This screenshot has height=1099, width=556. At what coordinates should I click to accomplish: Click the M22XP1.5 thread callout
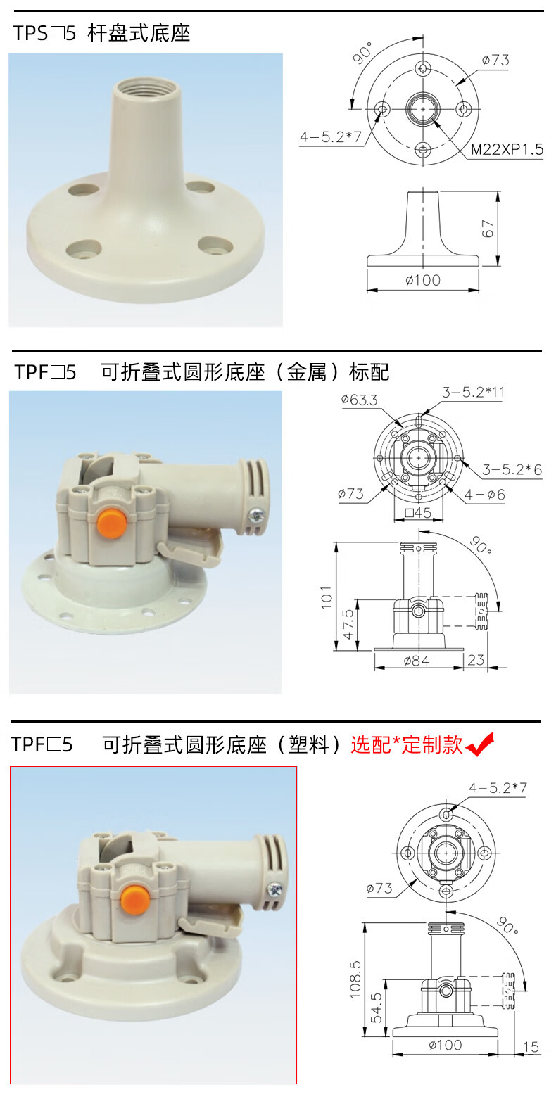click(x=507, y=149)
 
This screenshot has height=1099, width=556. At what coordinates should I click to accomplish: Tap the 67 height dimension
click(x=487, y=229)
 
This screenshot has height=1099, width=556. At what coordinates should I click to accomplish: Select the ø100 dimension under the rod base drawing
click(x=423, y=280)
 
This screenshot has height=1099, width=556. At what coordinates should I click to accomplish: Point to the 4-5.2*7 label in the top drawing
click(x=330, y=137)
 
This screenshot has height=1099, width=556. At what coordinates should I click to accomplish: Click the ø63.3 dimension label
click(x=359, y=400)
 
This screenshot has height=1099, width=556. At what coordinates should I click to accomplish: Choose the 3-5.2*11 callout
click(x=473, y=392)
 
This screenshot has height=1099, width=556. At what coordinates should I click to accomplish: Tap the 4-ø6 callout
click(x=484, y=495)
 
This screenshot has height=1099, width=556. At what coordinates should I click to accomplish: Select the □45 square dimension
click(x=418, y=513)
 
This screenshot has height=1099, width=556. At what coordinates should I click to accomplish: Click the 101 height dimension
click(x=327, y=597)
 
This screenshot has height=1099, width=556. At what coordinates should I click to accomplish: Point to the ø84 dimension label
click(x=416, y=661)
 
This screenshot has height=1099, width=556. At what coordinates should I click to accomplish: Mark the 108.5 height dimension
click(x=355, y=980)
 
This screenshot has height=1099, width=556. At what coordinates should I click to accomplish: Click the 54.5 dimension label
click(x=377, y=1008)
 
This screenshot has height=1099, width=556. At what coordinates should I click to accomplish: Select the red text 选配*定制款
click(x=406, y=745)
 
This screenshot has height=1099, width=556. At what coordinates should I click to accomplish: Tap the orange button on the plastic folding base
click(x=134, y=896)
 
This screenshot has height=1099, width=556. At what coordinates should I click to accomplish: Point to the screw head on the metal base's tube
click(x=257, y=514)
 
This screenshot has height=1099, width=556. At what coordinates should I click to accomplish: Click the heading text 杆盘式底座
click(x=139, y=33)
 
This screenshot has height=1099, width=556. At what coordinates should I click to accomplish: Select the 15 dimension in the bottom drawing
click(x=531, y=1046)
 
